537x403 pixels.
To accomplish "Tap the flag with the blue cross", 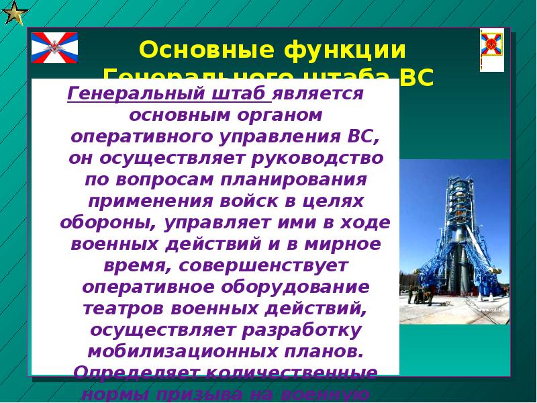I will click(x=55, y=47).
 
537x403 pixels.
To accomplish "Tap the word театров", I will click(x=124, y=309).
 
